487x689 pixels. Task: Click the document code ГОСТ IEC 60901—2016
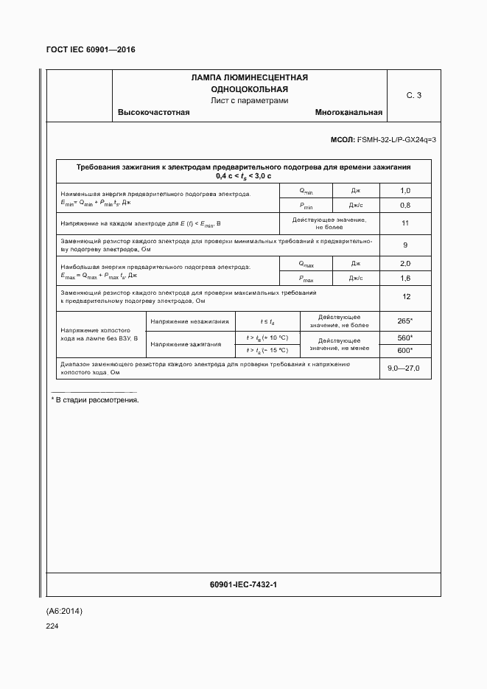point(91,50)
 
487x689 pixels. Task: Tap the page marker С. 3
point(414,95)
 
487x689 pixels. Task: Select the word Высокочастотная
point(154,113)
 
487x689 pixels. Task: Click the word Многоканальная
point(348,113)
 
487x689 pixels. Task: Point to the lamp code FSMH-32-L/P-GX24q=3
point(396,139)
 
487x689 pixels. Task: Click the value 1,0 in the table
point(404,191)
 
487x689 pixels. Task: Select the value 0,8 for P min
point(404,205)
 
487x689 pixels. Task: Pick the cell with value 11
point(404,223)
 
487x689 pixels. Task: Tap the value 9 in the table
point(404,245)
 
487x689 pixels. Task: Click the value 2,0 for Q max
point(404,264)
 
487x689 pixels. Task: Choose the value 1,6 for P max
point(404,278)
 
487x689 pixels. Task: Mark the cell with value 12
point(404,296)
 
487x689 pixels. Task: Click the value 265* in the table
point(404,321)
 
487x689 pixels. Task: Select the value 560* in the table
point(404,337)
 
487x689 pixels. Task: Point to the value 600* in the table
point(404,351)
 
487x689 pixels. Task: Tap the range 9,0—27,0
point(404,368)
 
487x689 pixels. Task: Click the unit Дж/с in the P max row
point(356,278)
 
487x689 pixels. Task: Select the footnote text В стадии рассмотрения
point(97,400)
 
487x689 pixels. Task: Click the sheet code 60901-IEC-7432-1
point(243,584)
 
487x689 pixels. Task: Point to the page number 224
point(52,626)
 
